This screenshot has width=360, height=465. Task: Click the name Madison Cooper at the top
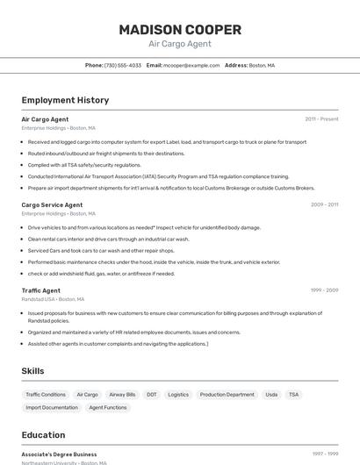180,29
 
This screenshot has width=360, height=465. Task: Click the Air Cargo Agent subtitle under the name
180,44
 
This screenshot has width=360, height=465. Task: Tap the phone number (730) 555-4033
123,65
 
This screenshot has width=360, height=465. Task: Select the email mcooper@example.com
191,65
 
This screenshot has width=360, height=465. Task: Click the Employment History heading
65,100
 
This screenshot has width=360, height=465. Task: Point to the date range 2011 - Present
321,118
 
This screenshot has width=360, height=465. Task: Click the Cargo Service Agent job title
52,204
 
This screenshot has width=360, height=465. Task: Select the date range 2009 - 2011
324,204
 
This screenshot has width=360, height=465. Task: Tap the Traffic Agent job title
40,290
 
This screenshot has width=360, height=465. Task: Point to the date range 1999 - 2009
324,290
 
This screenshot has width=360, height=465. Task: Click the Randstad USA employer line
53,299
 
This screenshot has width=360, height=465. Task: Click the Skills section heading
32,371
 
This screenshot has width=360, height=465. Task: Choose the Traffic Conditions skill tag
46,395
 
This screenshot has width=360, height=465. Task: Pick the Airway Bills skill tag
122,395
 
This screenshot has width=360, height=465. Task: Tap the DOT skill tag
152,395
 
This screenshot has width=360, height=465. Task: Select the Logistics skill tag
178,395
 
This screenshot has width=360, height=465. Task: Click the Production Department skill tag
227,395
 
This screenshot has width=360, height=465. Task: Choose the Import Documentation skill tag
52,407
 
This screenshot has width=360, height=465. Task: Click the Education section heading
43,435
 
